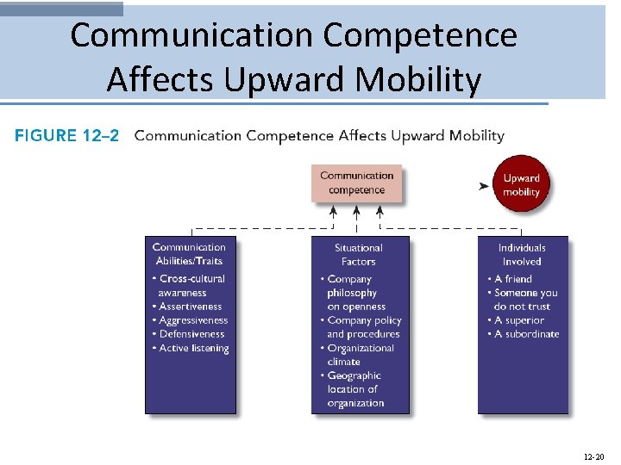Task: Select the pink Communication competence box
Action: tap(356, 183)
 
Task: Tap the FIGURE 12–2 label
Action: tap(67, 135)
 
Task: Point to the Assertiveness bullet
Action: tap(191, 307)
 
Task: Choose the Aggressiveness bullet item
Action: tap(193, 320)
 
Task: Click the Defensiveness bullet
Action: tap(191, 334)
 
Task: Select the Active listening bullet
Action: tap(194, 348)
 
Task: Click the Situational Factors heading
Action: tap(358, 254)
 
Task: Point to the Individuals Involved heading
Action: tap(522, 254)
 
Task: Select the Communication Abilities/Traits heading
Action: tap(189, 254)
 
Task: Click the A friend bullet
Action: tap(513, 279)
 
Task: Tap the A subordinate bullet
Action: tap(526, 334)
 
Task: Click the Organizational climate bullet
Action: tap(360, 355)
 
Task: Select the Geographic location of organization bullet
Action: tap(354, 389)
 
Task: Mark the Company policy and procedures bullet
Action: tap(362, 327)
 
